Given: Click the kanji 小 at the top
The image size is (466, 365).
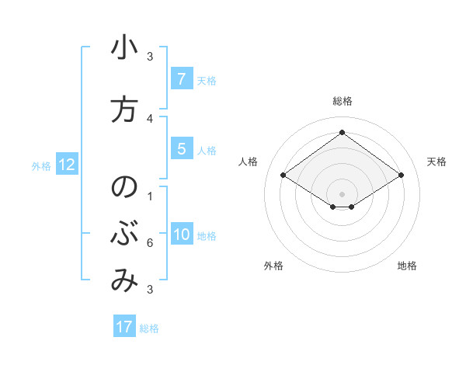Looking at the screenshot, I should pyautogui.click(x=124, y=48).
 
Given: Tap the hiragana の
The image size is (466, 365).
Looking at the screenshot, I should pyautogui.click(x=124, y=188).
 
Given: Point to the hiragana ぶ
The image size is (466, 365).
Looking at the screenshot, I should pyautogui.click(x=124, y=235).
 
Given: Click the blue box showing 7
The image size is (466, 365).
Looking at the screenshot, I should pyautogui.click(x=181, y=79).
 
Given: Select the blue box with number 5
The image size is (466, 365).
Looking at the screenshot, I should pyautogui.click(x=181, y=149).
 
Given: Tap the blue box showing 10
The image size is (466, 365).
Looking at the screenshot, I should pyautogui.click(x=181, y=235).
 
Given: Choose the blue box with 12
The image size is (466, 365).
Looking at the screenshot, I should pyautogui.click(x=66, y=165).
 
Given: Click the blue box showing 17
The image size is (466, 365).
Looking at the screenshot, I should pyautogui.click(x=124, y=327).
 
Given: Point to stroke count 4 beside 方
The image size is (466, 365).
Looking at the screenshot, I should pyautogui.click(x=150, y=118).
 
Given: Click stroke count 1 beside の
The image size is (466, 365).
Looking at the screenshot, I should pyautogui.click(x=150, y=196).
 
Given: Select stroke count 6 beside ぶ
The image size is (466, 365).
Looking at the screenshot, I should pyautogui.click(x=150, y=243).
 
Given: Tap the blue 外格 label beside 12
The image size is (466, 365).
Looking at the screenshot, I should pyautogui.click(x=41, y=165).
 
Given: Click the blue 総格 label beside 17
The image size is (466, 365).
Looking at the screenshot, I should pyautogui.click(x=149, y=328).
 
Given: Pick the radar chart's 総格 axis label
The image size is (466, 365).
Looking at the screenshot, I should pyautogui.click(x=342, y=101).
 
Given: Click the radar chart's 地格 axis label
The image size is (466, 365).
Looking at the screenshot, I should pyautogui.click(x=407, y=266).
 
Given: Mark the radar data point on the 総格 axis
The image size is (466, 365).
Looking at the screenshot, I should pyautogui.click(x=342, y=133).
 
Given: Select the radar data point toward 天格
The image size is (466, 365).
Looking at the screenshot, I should pyautogui.click(x=401, y=176).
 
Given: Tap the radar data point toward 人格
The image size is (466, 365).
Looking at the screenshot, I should pyautogui.click(x=283, y=176).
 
